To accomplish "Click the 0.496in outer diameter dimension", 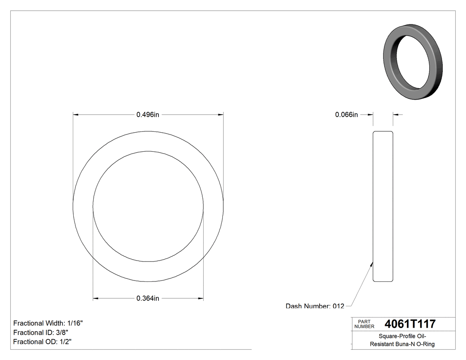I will click(148, 115).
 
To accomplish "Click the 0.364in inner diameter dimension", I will click(148, 298).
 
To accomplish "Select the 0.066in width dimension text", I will click(346, 115).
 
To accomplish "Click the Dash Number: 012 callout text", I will click(315, 306).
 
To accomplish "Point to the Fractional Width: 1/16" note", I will click(48, 323).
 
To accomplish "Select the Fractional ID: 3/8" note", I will click(41, 332).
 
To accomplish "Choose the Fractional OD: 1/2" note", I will click(43, 341).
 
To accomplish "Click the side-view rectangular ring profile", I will click(383, 206).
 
